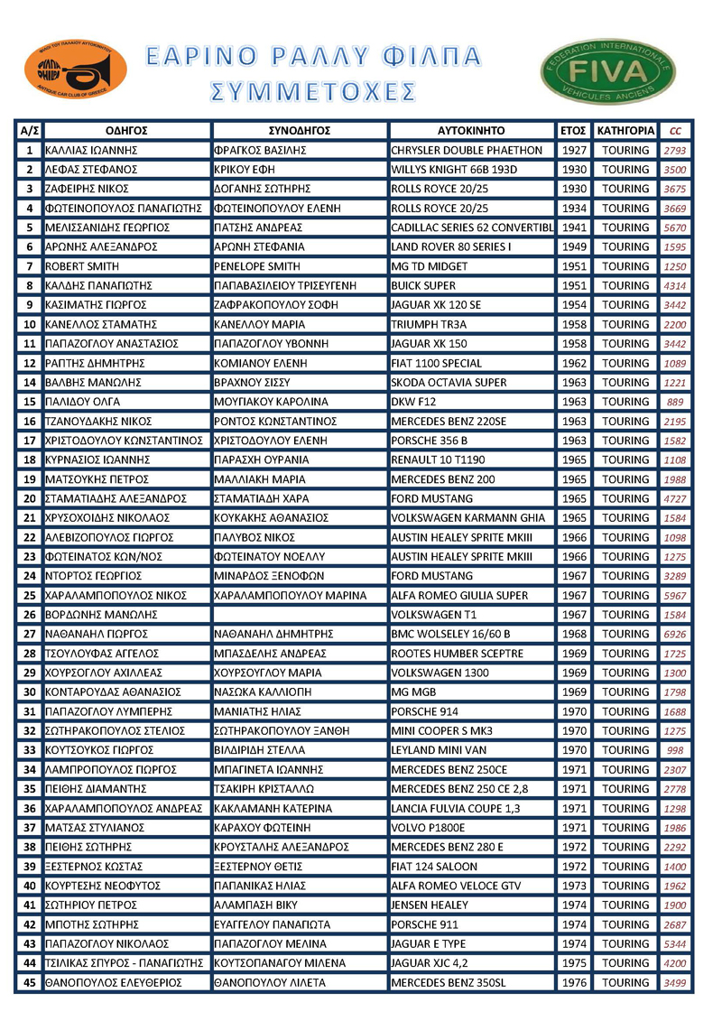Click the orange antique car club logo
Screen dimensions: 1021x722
(76, 70)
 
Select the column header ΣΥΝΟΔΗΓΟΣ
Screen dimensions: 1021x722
(300, 130)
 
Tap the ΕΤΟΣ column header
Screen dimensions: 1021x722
(573, 130)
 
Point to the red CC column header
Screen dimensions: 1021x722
(675, 130)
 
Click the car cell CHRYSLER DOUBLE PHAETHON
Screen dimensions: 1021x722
(467, 150)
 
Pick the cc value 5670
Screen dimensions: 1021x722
(675, 227)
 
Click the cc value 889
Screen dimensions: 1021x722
(675, 402)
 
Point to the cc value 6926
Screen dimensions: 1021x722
(675, 634)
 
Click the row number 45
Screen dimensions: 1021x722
(29, 982)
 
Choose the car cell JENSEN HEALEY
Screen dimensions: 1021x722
(430, 905)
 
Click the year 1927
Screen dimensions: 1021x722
(573, 150)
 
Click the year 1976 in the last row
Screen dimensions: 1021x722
(573, 982)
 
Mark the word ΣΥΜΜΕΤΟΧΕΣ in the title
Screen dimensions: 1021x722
(313, 92)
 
